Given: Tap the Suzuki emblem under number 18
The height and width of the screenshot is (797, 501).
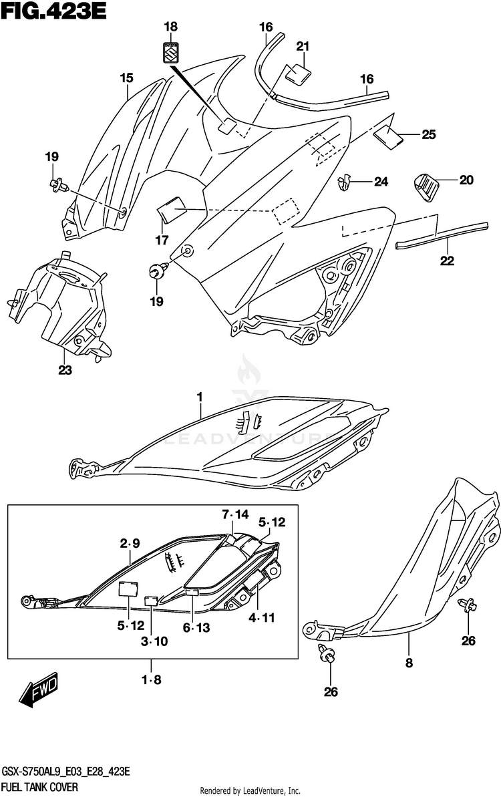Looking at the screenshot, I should pos(172,53).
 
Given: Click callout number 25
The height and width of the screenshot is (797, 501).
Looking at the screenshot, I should pos(428,134).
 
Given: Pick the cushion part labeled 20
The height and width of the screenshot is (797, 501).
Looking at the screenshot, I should pos(425,185).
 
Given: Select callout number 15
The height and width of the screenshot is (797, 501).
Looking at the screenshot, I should pos(127,78).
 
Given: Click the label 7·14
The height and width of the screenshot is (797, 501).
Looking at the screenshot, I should pos(235,514).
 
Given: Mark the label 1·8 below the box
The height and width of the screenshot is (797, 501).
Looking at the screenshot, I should pos(151,681).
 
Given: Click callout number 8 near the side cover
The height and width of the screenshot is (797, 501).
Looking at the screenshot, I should pos(409,663).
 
